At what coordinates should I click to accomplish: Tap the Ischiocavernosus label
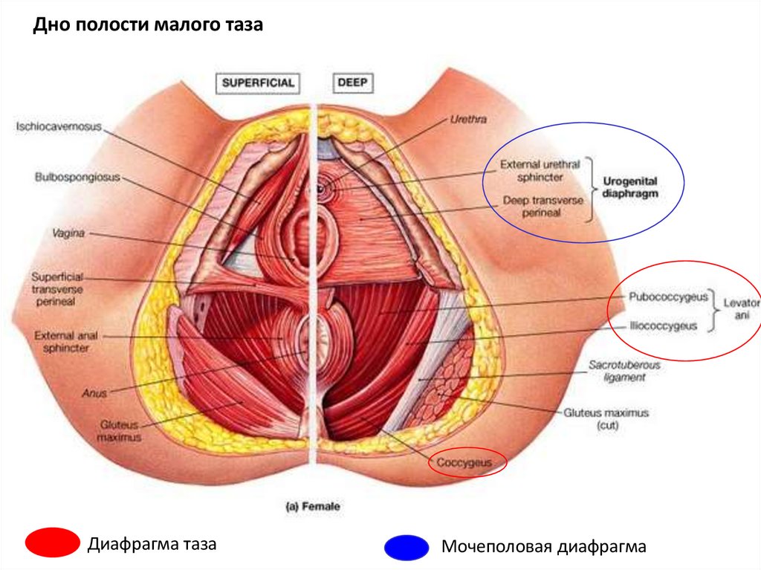point(59,126)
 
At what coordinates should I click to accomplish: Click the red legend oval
point(52,543)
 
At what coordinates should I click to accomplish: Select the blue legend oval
point(406,548)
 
